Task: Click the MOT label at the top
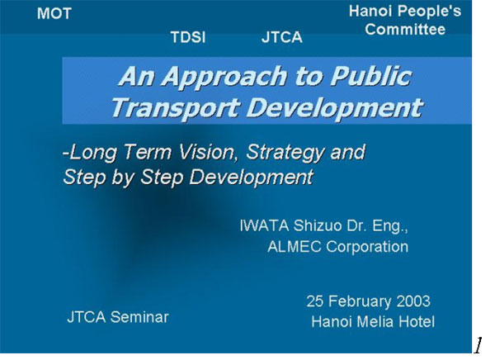54,13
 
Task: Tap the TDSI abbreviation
188,37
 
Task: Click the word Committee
405,30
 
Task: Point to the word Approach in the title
226,77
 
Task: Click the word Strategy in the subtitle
285,153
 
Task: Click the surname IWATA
264,225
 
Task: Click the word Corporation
367,247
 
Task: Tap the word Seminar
140,317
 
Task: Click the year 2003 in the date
413,301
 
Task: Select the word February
360,301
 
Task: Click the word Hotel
417,322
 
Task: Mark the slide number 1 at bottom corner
478,345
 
